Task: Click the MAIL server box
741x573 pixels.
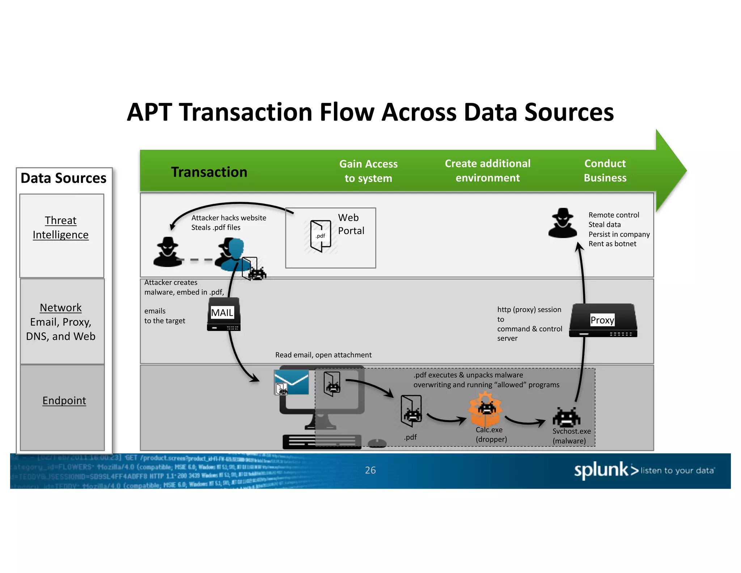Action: tap(224, 314)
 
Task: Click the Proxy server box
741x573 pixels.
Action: tap(603, 321)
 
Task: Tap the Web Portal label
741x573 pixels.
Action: tap(351, 224)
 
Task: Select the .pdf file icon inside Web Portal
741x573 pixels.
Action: tap(321, 236)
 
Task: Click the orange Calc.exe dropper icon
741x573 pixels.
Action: tap(485, 411)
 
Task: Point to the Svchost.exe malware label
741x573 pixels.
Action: tap(571, 436)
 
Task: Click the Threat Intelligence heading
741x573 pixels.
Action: tap(61, 227)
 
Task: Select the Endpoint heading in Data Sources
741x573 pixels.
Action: tap(64, 400)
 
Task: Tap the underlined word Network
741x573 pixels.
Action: tap(61, 308)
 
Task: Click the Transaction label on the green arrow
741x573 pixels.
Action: tap(209, 172)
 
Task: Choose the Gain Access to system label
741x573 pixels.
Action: tap(368, 171)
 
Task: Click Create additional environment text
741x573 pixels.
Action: tap(487, 171)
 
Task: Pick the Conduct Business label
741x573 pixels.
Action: tap(605, 171)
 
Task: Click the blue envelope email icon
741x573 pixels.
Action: tap(292, 382)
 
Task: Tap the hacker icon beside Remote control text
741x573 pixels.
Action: tap(562, 223)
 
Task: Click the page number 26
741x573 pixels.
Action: tap(370, 470)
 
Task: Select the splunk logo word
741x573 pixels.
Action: tap(601, 470)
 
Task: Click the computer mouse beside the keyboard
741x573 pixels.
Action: tap(377, 443)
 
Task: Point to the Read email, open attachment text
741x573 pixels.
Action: tap(323, 355)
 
